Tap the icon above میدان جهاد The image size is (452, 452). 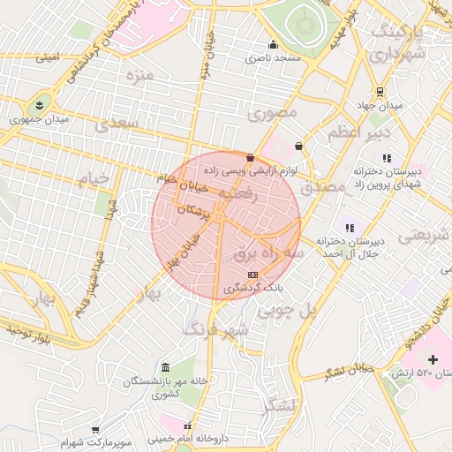coord(380,92)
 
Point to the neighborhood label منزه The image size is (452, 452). coord(139,75)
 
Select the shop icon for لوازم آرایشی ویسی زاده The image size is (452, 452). coord(251,158)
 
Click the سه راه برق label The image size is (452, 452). coord(268,253)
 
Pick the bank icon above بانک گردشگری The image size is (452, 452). coord(253,275)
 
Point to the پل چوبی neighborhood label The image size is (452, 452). coord(284,311)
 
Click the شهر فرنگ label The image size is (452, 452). coord(215,329)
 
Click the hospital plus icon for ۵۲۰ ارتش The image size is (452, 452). coord(433,359)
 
